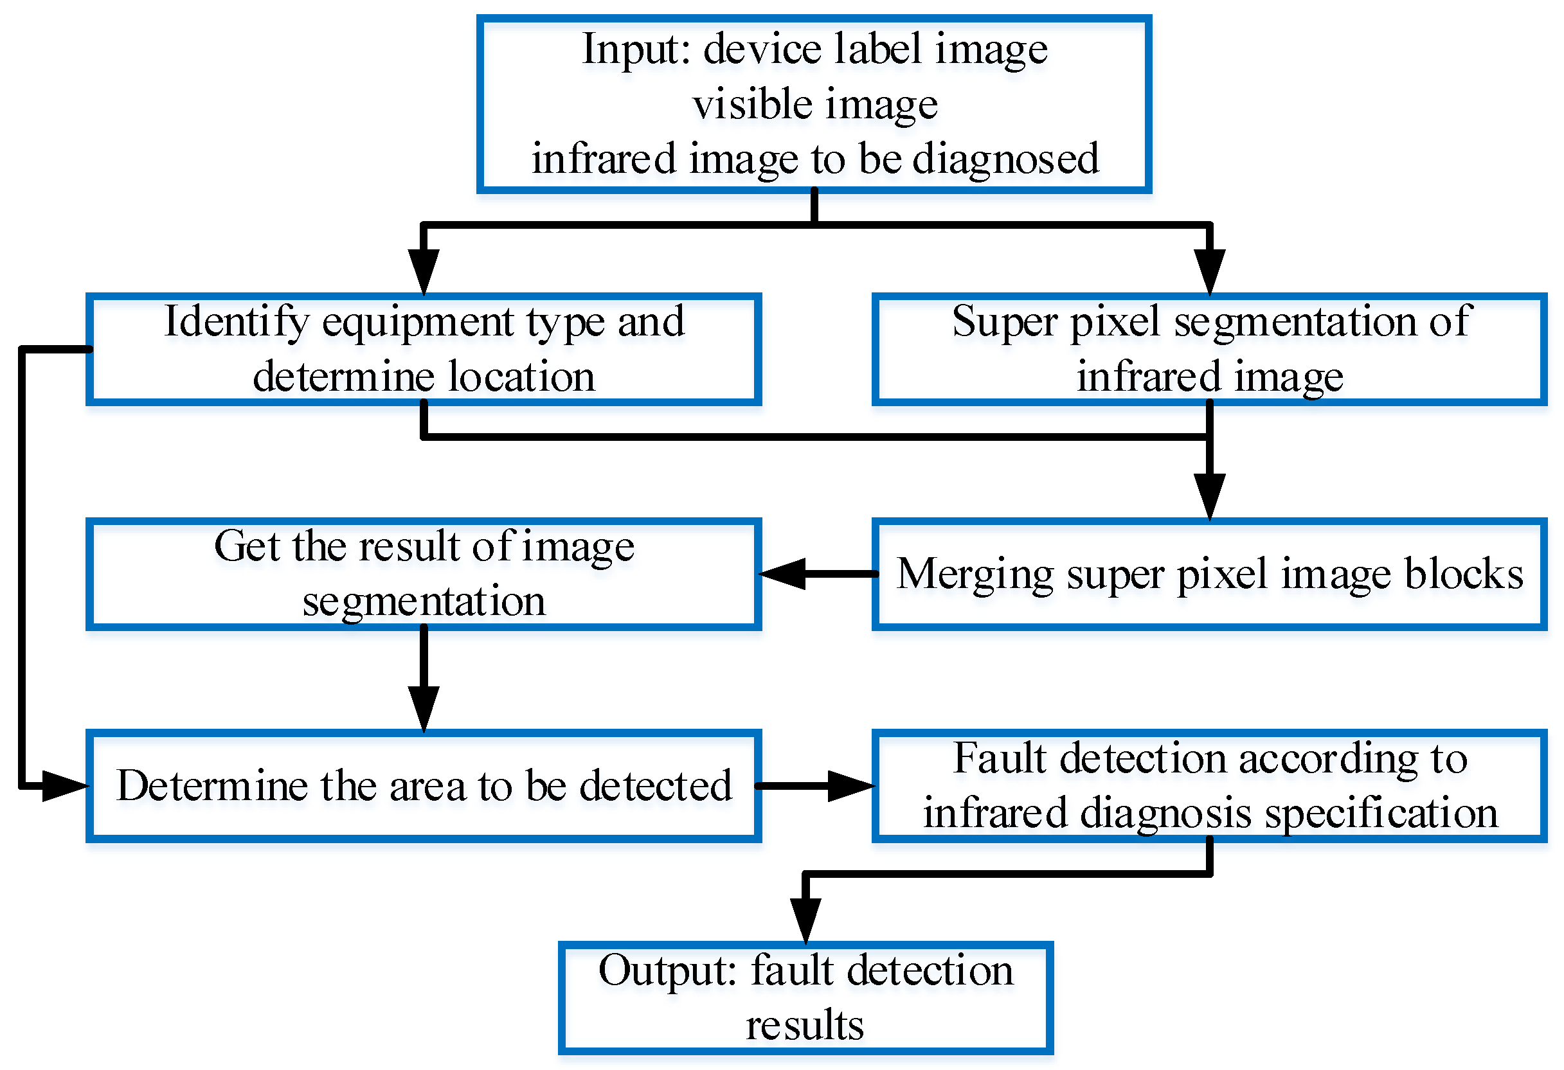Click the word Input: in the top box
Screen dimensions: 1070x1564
(635, 51)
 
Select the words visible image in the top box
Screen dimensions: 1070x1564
(815, 105)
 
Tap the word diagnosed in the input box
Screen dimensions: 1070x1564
(1005, 160)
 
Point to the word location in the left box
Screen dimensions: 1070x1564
(521, 377)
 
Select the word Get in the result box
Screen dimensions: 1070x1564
(246, 546)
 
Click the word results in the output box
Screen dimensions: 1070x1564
(805, 1026)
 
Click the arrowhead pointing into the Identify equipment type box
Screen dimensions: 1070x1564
(424, 271)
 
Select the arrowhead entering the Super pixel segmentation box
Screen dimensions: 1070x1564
(1209, 271)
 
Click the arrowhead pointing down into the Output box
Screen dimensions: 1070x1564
(805, 919)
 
